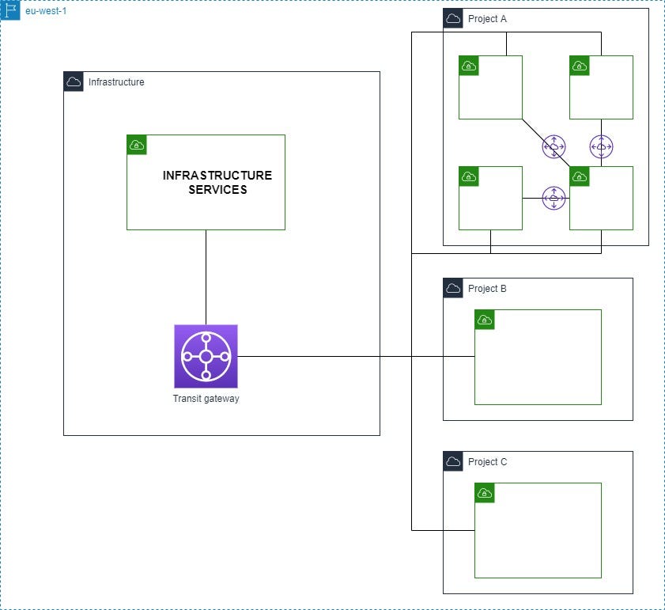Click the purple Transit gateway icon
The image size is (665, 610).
206,356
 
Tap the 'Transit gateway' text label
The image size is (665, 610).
206,399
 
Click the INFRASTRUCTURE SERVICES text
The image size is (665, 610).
217,182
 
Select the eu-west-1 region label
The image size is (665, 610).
46,10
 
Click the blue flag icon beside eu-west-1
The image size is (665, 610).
10,10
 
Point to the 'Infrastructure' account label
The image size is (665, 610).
116,82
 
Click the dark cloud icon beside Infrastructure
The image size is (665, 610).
74,81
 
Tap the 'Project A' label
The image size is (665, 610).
487,19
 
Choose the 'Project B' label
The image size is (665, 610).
487,288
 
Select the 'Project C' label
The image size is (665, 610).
487,461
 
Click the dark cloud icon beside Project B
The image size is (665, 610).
453,288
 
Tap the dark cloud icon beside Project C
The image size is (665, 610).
453,461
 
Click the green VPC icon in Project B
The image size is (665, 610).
485,320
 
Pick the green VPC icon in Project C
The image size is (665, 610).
485,493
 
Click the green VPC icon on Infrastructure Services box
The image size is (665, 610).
137,145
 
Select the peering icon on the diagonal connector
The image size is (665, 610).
554,147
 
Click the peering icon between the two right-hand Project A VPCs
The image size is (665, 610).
602,147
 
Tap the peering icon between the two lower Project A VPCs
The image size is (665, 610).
554,199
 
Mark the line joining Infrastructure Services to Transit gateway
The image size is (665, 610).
206,277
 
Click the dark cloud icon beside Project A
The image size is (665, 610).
453,18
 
